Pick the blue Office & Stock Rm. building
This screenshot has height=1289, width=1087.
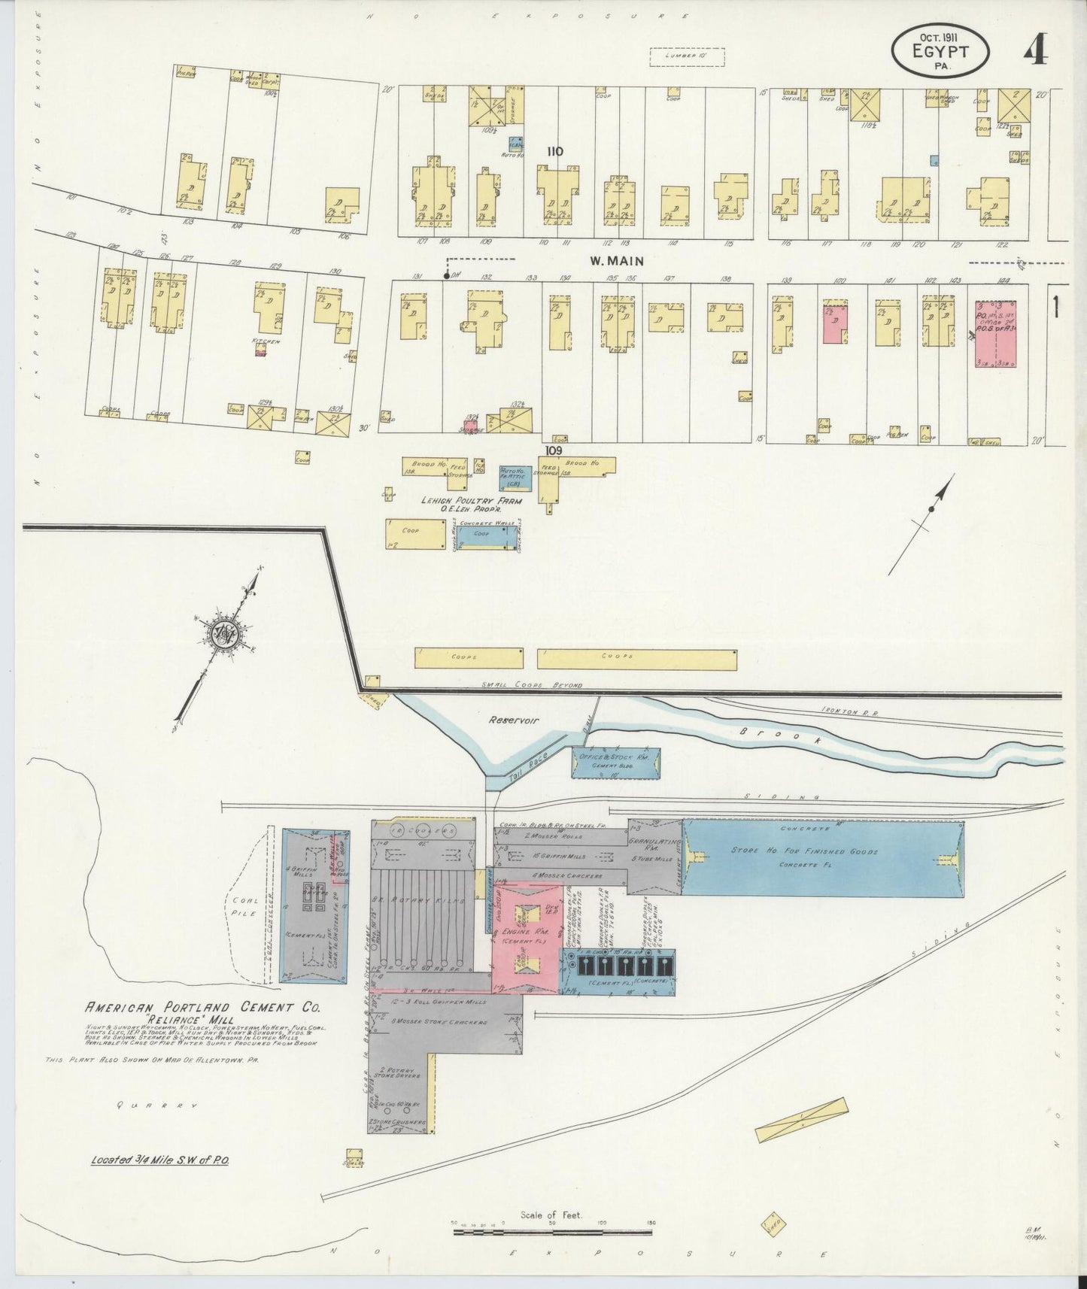[616, 763]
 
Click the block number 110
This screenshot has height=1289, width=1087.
[555, 151]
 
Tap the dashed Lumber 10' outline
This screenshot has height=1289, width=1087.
[686, 56]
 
